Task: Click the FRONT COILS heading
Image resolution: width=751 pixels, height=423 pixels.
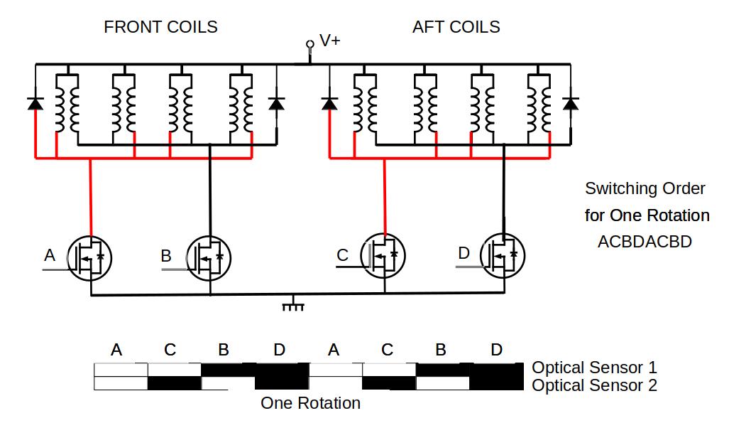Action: pyautogui.click(x=160, y=27)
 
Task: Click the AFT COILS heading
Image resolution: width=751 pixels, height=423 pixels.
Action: pyautogui.click(x=456, y=27)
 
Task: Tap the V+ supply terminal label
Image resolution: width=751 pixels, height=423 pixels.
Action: pyautogui.click(x=329, y=41)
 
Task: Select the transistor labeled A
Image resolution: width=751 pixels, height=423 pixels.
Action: pyautogui.click(x=91, y=257)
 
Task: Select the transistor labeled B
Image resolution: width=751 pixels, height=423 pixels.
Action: pyautogui.click(x=210, y=257)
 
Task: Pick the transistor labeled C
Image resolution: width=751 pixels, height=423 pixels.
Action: pyautogui.click(x=384, y=255)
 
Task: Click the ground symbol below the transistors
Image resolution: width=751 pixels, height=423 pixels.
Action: pyautogui.click(x=293, y=305)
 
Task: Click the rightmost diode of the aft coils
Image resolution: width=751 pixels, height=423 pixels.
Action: pyautogui.click(x=570, y=104)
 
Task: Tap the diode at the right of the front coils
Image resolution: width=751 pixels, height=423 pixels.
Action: pyautogui.click(x=276, y=104)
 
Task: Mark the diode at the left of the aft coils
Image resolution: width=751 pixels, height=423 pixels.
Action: pyautogui.click(x=329, y=104)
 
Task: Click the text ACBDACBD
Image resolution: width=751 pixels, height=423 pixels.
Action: pyautogui.click(x=645, y=242)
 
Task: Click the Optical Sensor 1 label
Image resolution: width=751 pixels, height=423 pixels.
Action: pyautogui.click(x=594, y=368)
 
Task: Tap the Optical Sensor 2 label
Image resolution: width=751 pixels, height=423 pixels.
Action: pyautogui.click(x=594, y=385)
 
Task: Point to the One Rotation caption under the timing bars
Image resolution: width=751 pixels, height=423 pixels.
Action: pyautogui.click(x=310, y=403)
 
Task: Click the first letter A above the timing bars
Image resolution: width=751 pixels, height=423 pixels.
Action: pyautogui.click(x=116, y=350)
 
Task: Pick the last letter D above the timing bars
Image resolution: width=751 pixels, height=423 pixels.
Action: pyautogui.click(x=496, y=350)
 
